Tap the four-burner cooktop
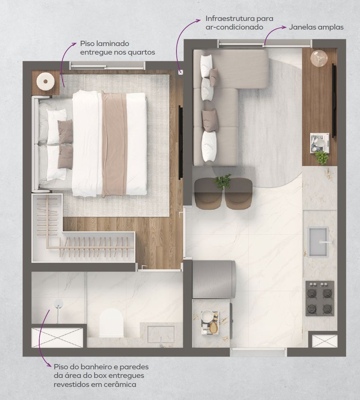[320, 298]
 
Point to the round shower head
[58, 303]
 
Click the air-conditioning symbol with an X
[181, 73]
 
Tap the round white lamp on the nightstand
[45, 81]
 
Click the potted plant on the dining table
[223, 181]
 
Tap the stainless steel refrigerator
[214, 280]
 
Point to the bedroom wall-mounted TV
[181, 142]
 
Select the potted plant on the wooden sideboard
[321, 158]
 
